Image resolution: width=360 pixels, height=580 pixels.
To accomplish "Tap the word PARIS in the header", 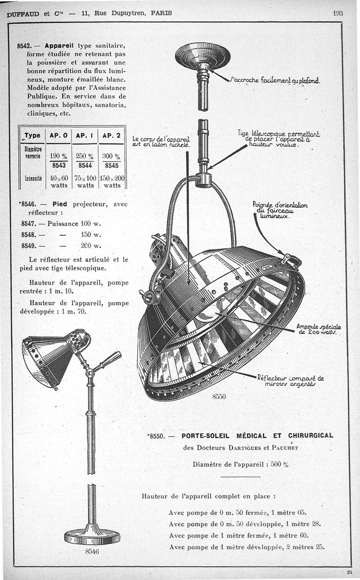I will click(x=161, y=13).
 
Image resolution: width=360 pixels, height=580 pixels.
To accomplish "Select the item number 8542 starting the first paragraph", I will click(x=24, y=46).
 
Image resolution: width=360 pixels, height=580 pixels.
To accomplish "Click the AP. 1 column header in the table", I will click(x=84, y=135).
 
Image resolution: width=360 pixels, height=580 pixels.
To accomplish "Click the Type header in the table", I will click(x=32, y=135).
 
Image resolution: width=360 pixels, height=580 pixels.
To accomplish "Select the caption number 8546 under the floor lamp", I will click(x=92, y=551).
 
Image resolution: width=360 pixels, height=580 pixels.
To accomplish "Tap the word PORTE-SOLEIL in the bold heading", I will click(x=206, y=435).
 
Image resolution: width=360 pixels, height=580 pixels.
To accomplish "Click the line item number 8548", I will click(x=28, y=234).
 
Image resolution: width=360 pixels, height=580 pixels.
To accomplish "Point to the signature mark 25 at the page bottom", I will click(x=350, y=572).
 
